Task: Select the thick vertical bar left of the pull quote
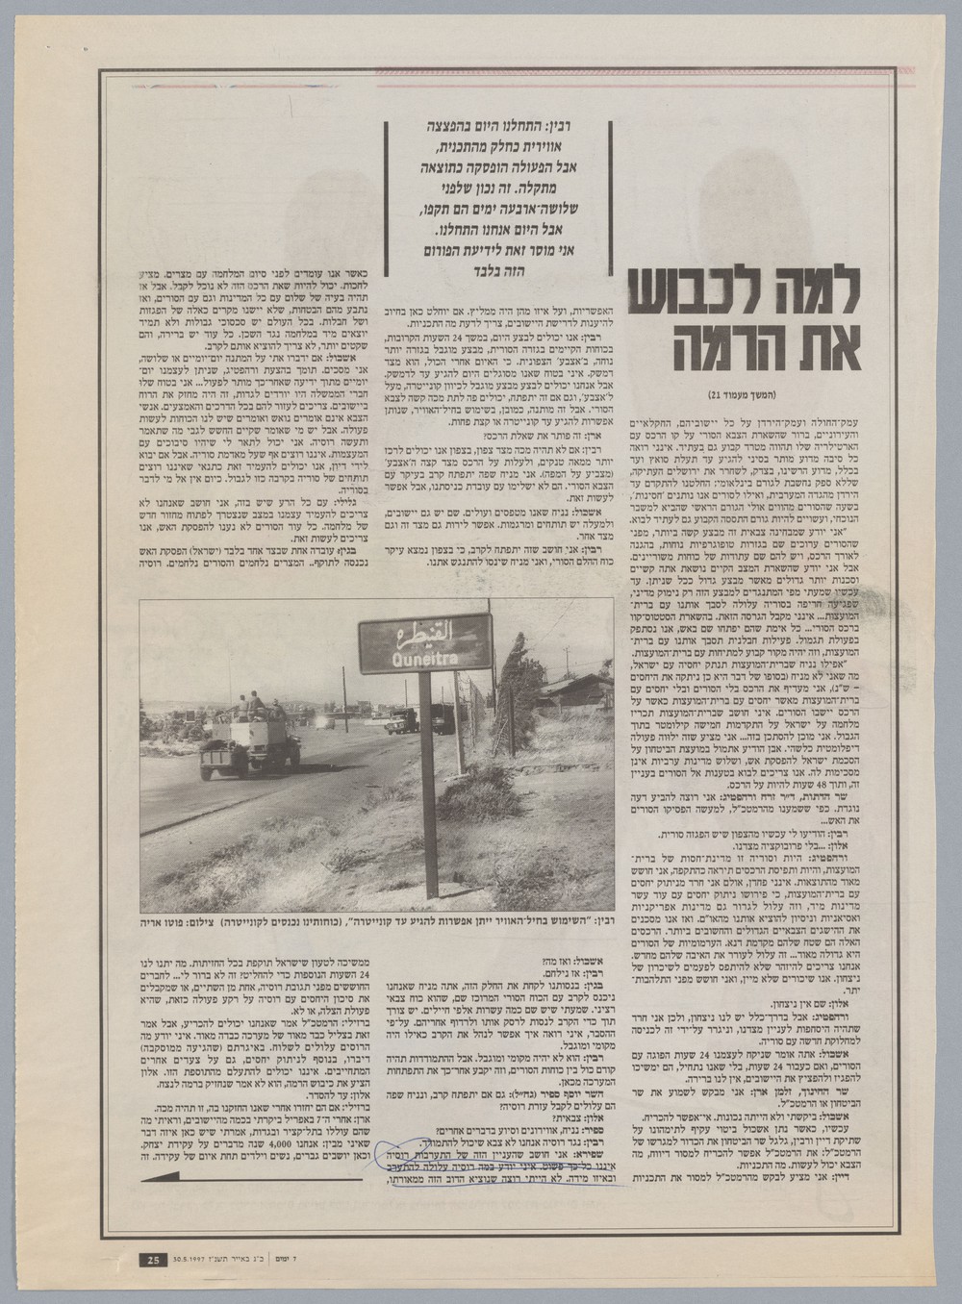click(x=387, y=195)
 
